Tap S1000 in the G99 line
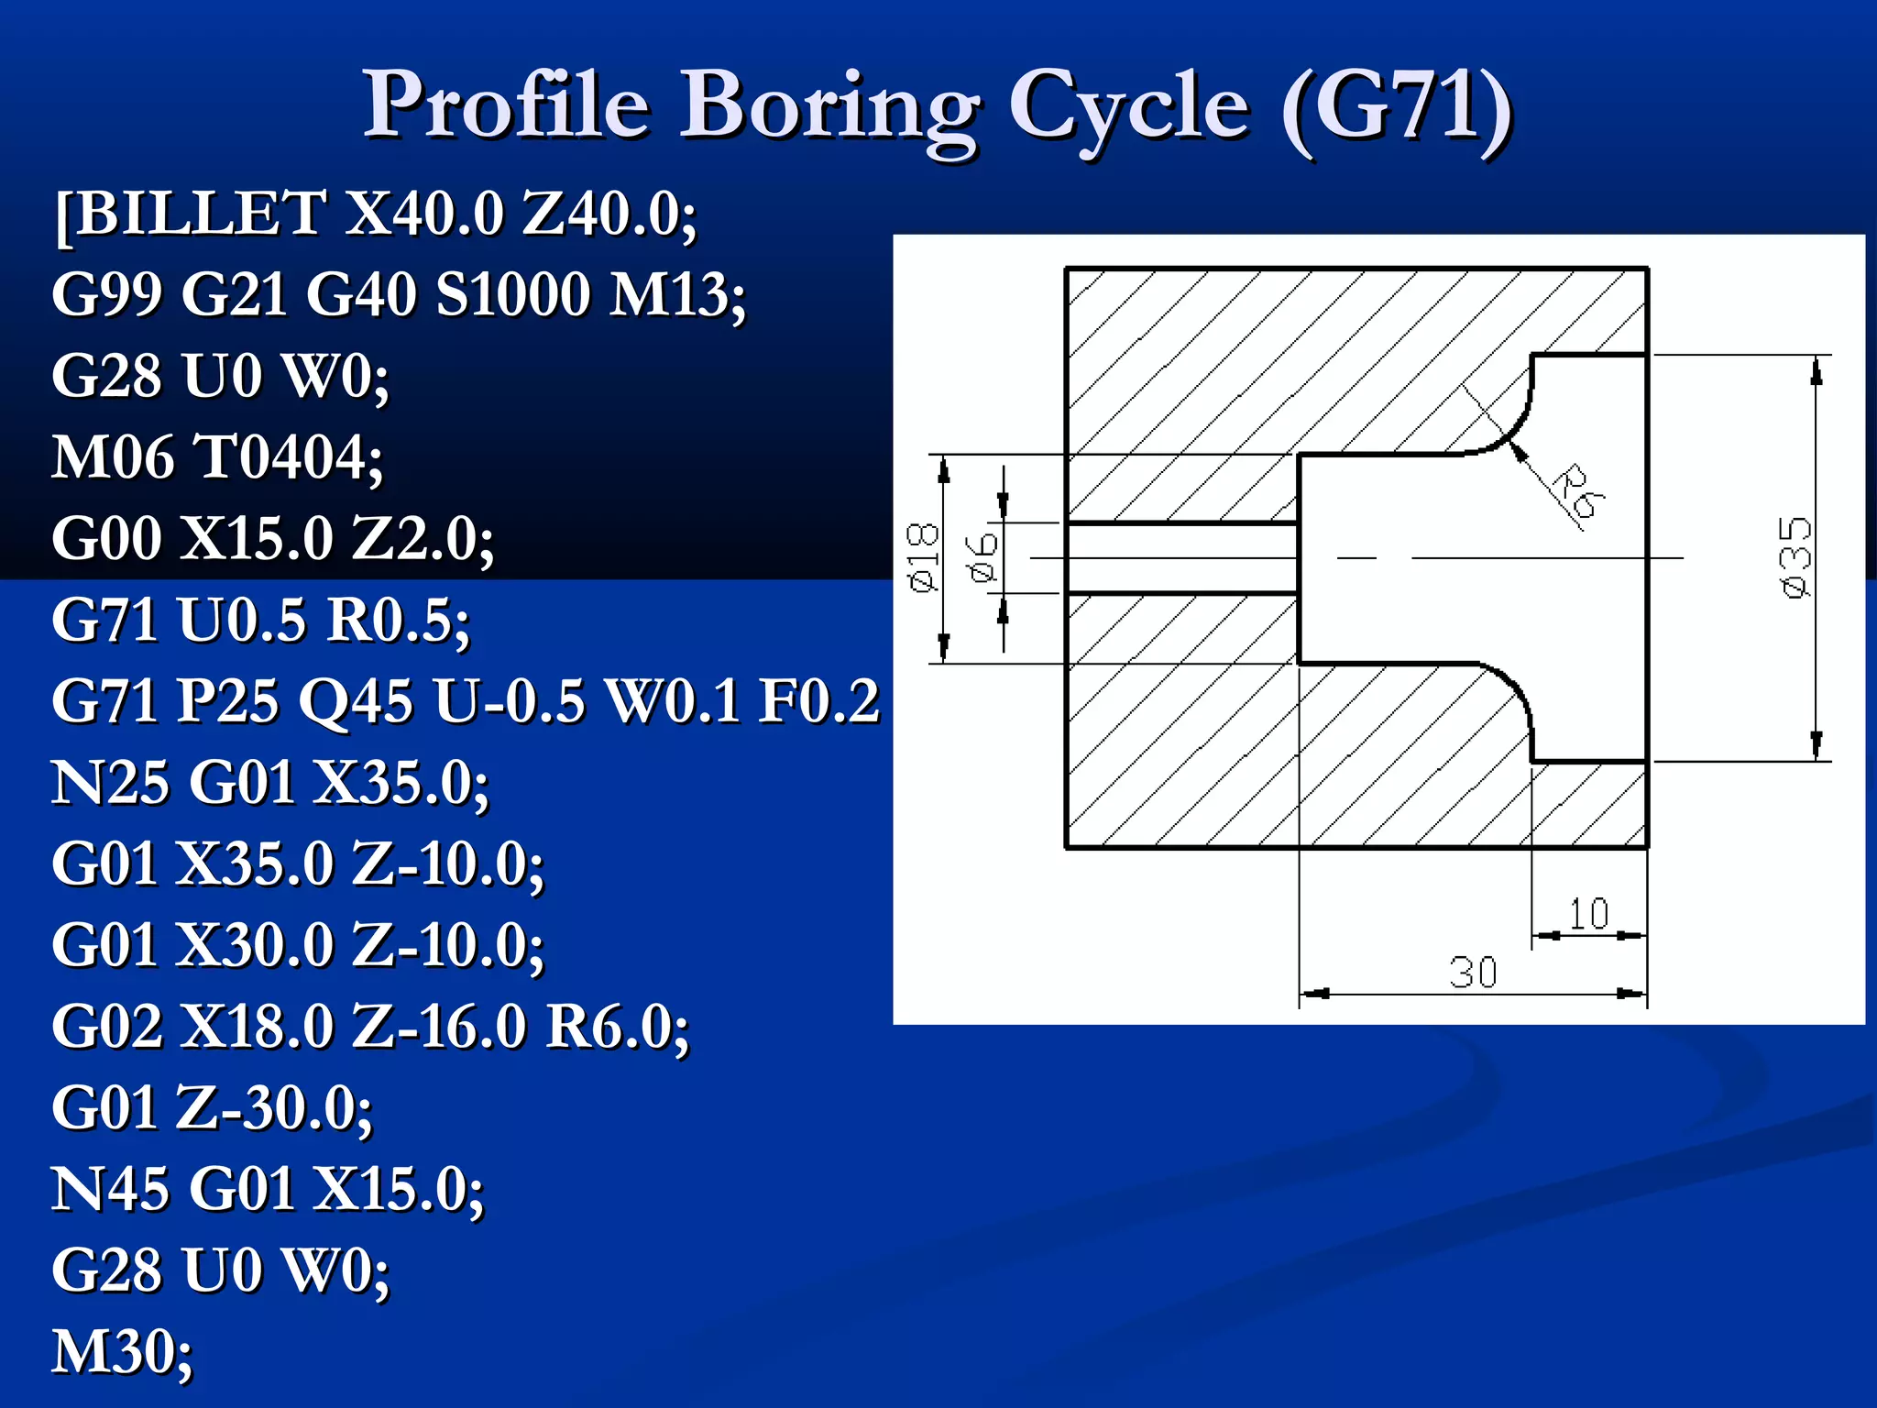tap(513, 295)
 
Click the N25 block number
tap(110, 783)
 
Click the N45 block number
tap(110, 1189)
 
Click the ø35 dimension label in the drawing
tap(1794, 556)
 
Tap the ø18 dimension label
tap(923, 557)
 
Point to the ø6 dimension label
tap(982, 557)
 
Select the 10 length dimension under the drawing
tap(1588, 914)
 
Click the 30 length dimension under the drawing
tap(1473, 973)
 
